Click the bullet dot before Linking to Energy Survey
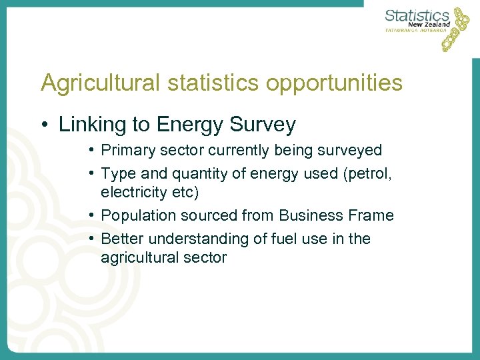45,125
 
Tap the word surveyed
353,151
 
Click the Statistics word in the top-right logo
417,15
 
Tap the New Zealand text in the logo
429,24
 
